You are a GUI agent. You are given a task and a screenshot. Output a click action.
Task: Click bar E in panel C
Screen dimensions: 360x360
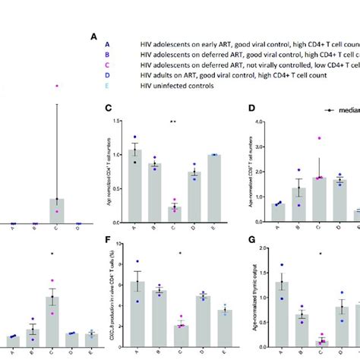pos(213,190)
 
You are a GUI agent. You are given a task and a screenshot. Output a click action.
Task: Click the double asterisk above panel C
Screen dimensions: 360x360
pos(174,122)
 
